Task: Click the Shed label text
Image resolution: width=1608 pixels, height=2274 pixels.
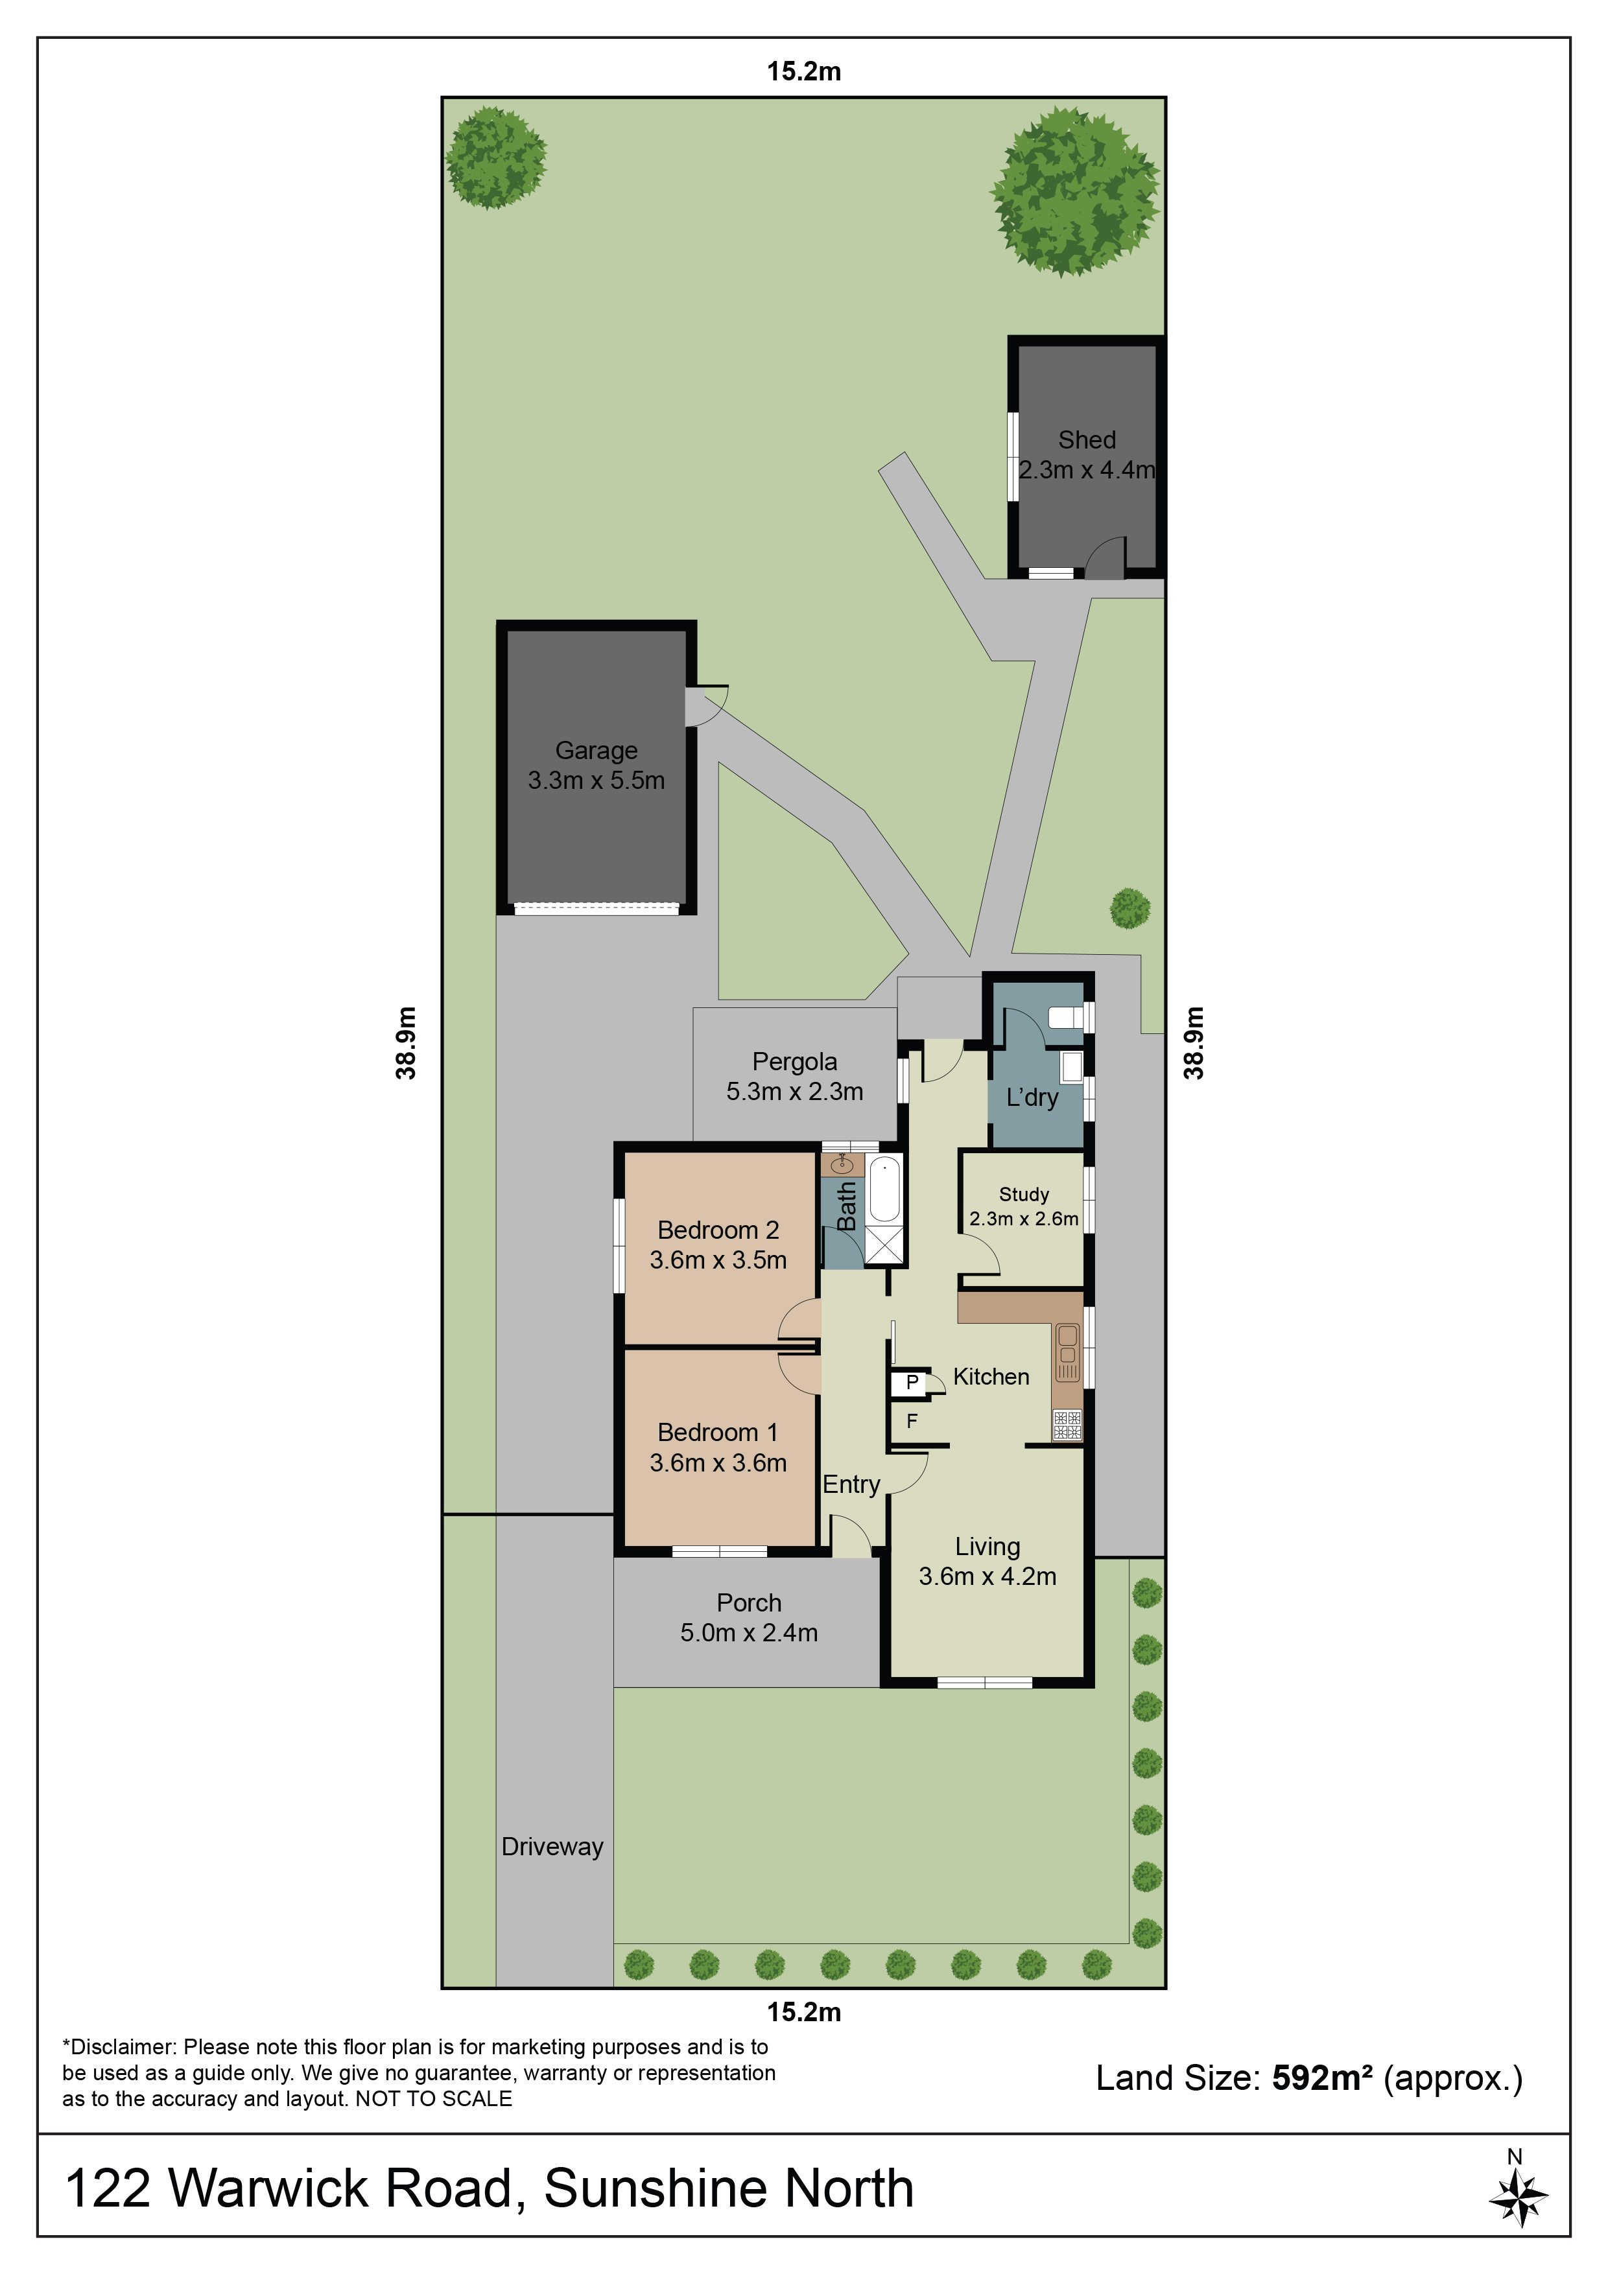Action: tap(1087, 440)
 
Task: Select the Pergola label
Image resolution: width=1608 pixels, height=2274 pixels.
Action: tap(794, 1062)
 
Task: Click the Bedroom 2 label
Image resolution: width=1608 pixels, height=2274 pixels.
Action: tap(718, 1230)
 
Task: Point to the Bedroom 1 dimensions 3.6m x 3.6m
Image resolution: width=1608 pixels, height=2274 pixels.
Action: tap(718, 1463)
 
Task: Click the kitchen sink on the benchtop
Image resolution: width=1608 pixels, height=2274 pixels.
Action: tap(1068, 1353)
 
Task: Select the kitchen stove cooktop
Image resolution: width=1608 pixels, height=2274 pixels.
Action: tap(1067, 1424)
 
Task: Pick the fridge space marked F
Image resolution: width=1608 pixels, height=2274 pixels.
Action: tap(912, 1421)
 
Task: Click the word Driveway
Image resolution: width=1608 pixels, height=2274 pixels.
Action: tap(552, 1847)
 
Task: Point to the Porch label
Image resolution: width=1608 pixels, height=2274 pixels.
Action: tap(749, 1602)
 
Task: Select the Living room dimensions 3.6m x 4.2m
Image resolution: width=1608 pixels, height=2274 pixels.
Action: tap(987, 1576)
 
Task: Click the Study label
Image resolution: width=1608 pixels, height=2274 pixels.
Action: tap(1023, 1195)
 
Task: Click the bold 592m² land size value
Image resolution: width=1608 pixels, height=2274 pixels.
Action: tap(1321, 2077)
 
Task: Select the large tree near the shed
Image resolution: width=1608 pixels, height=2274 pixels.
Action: tap(1075, 192)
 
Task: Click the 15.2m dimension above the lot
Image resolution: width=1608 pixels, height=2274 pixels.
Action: tap(803, 71)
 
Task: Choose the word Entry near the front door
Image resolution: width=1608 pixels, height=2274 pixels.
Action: tap(851, 1484)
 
